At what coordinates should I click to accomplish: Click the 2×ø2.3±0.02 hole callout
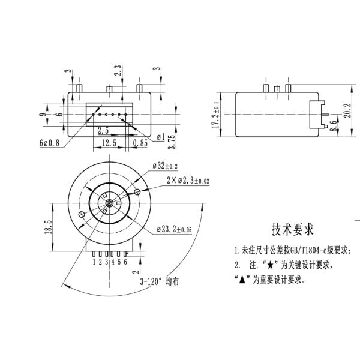click(188, 179)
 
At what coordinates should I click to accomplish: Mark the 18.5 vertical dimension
click(47, 228)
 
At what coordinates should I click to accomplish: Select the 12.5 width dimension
click(109, 143)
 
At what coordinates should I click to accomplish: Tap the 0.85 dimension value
click(140, 143)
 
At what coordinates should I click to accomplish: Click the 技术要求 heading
click(292, 229)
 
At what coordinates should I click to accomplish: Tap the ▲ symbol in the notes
click(241, 280)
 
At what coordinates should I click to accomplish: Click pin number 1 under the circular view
click(94, 262)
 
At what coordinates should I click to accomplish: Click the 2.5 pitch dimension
click(103, 130)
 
